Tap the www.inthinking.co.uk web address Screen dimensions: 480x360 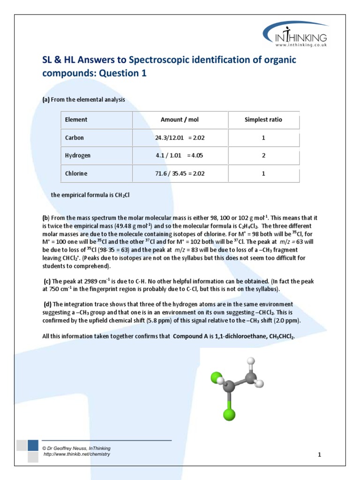[307, 45]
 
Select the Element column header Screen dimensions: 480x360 [76, 120]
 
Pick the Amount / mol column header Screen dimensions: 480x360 [180, 120]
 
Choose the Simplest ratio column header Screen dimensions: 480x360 [263, 120]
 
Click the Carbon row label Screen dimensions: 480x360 [75, 138]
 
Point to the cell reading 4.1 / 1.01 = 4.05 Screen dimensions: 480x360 [180, 156]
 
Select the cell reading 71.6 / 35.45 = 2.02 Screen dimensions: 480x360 [180, 173]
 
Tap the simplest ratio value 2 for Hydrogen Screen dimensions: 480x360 [263, 156]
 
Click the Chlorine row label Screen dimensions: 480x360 [76, 173]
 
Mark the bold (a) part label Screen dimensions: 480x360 [46, 99]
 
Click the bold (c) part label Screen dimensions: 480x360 [47, 281]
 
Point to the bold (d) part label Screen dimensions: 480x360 [47, 304]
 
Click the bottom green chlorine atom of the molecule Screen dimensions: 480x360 [229, 414]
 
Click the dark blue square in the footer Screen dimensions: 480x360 [33, 445]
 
